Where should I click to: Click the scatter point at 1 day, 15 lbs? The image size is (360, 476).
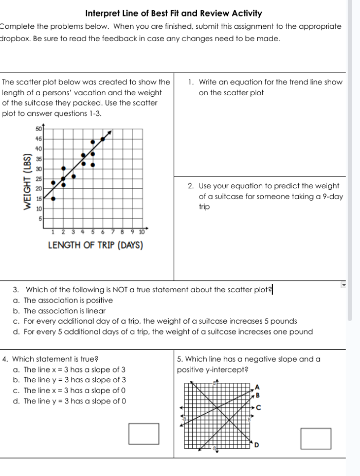point(53,198)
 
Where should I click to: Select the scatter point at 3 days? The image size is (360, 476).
point(73,177)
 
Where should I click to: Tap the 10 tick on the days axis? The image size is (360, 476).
point(141,232)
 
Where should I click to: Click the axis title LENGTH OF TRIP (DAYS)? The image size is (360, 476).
point(95,245)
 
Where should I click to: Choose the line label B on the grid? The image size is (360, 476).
point(258,395)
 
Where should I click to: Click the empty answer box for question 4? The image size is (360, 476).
point(143,433)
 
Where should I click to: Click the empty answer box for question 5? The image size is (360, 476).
point(316,438)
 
